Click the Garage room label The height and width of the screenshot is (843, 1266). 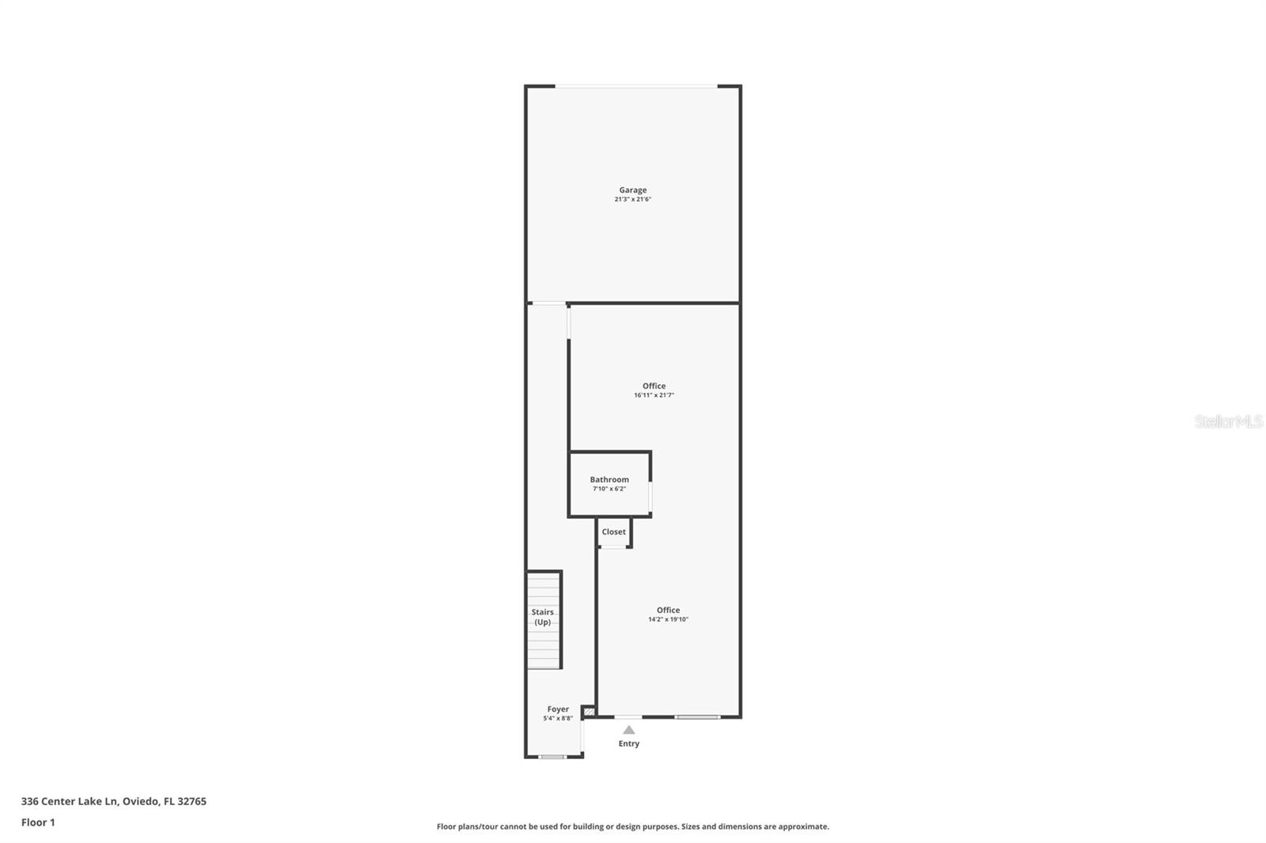click(632, 190)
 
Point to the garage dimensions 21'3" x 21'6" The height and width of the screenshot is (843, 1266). click(632, 199)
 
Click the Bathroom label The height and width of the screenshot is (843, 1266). click(609, 479)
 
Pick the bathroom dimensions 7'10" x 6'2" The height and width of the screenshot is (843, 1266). click(609, 489)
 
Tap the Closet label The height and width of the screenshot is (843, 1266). click(613, 531)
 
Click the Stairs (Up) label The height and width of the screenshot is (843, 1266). click(543, 617)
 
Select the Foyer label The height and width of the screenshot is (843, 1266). click(558, 709)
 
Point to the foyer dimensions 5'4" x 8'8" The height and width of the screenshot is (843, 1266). click(558, 719)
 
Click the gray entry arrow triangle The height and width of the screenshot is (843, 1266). click(628, 730)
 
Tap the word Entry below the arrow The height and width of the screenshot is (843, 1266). click(628, 743)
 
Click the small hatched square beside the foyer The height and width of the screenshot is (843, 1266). click(589, 713)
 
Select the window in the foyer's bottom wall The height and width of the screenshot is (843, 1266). click(552, 757)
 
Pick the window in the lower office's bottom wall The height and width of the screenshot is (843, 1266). click(697, 717)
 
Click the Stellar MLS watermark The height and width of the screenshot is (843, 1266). click(1228, 421)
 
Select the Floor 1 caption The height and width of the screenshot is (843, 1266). click(38, 822)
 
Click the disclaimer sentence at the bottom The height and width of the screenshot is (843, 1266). click(632, 826)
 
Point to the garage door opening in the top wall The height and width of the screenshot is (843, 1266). click(636, 86)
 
